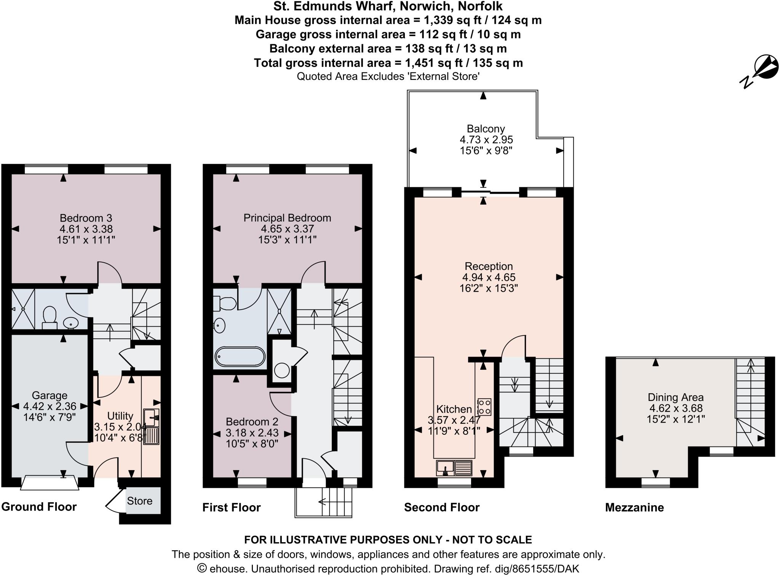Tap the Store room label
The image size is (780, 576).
(x=139, y=501)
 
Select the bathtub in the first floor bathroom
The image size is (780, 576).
(x=240, y=357)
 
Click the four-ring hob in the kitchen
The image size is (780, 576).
(x=484, y=407)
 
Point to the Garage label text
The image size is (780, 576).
(x=50, y=395)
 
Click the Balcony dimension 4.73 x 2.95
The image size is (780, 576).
(x=486, y=140)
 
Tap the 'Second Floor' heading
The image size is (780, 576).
(x=442, y=507)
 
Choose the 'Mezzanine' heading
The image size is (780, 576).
(x=635, y=507)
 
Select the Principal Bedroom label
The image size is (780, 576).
(x=287, y=218)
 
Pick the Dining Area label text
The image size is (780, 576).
(x=676, y=397)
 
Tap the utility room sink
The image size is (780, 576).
(x=151, y=417)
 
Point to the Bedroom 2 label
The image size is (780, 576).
(x=252, y=422)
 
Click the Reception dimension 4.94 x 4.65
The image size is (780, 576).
(x=489, y=277)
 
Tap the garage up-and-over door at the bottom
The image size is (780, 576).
(x=50, y=483)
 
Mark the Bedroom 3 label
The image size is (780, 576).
(x=86, y=218)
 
